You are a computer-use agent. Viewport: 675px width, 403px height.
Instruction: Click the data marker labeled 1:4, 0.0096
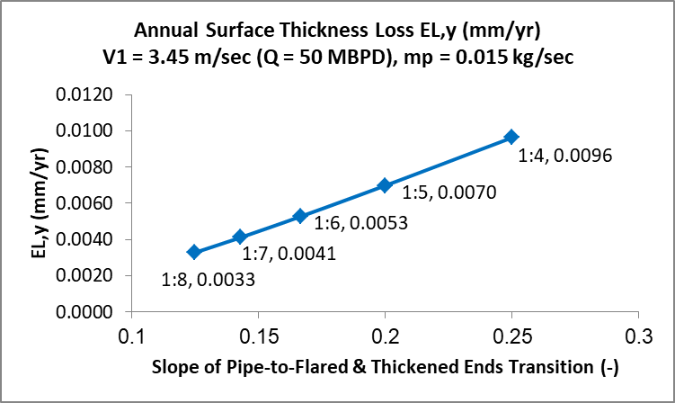(x=511, y=137)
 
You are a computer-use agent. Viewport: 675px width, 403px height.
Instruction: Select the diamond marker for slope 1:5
(x=385, y=185)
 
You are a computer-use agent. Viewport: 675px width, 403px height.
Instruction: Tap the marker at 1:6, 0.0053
(x=300, y=216)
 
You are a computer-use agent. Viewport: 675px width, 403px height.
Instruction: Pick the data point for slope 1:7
(x=240, y=237)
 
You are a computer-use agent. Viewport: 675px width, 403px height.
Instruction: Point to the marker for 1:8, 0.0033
(x=193, y=252)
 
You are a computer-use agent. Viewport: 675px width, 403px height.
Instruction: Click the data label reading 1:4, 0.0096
(x=565, y=156)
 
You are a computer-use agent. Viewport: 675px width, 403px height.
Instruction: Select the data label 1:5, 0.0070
(x=449, y=193)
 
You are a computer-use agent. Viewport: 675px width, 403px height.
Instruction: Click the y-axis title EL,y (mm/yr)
(x=34, y=204)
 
